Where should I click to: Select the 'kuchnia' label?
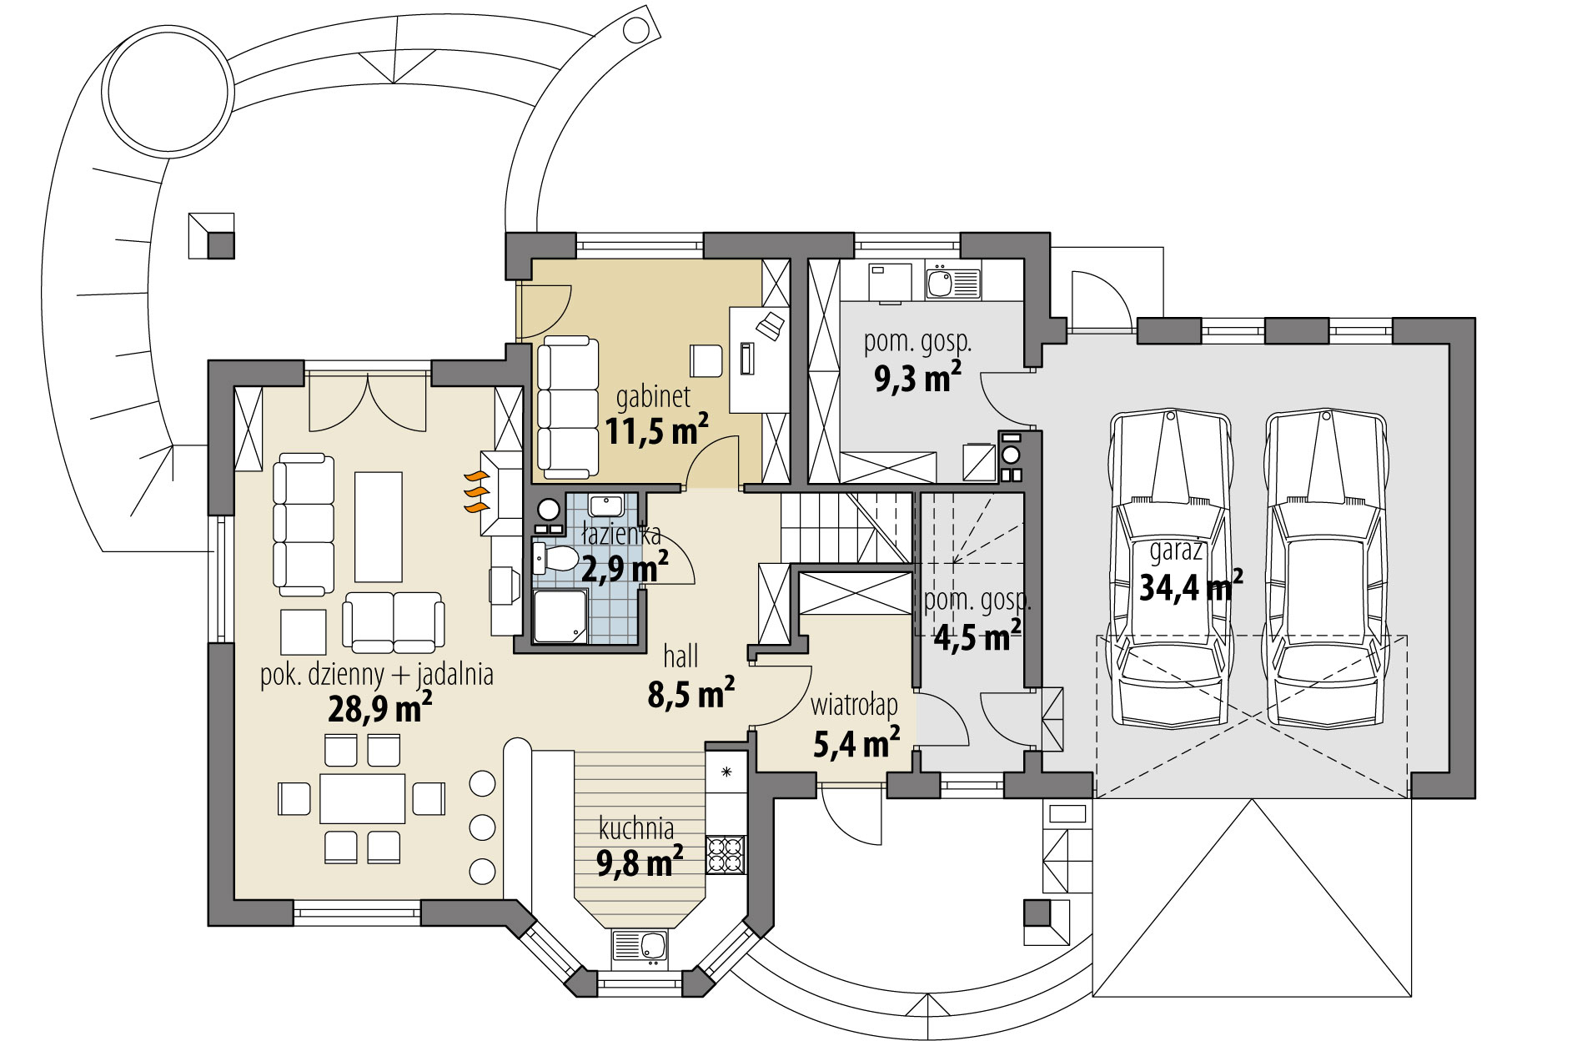click(636, 829)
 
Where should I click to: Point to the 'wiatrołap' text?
click(855, 706)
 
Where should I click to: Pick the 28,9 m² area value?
click(380, 709)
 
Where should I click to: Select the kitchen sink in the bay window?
click(640, 948)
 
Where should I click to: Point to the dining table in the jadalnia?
click(363, 798)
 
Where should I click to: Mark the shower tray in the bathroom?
click(561, 616)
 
